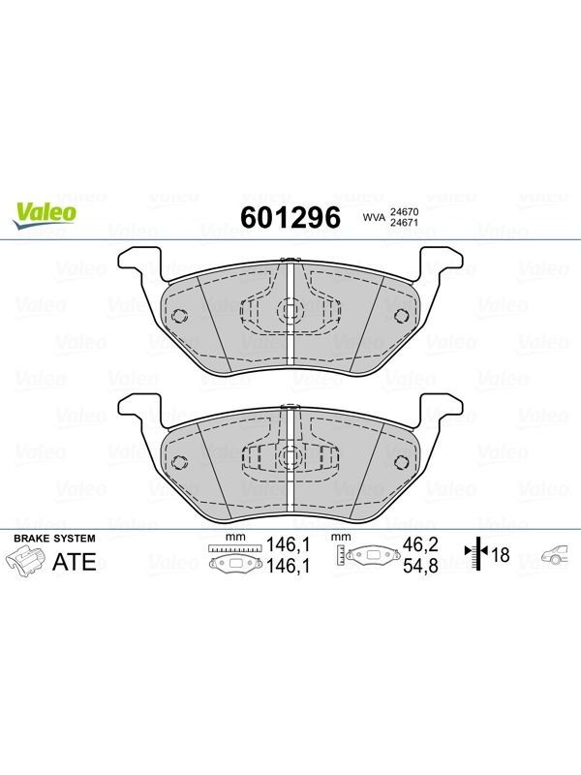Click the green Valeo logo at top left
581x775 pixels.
point(45,215)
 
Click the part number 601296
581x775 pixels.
point(290,217)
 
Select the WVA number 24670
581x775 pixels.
point(404,211)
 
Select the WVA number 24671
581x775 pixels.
point(404,222)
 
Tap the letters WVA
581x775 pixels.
point(374,217)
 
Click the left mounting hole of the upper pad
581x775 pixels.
point(178,316)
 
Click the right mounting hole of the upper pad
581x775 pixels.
point(401,316)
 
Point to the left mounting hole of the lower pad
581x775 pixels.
point(178,462)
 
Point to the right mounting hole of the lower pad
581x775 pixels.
point(401,462)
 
